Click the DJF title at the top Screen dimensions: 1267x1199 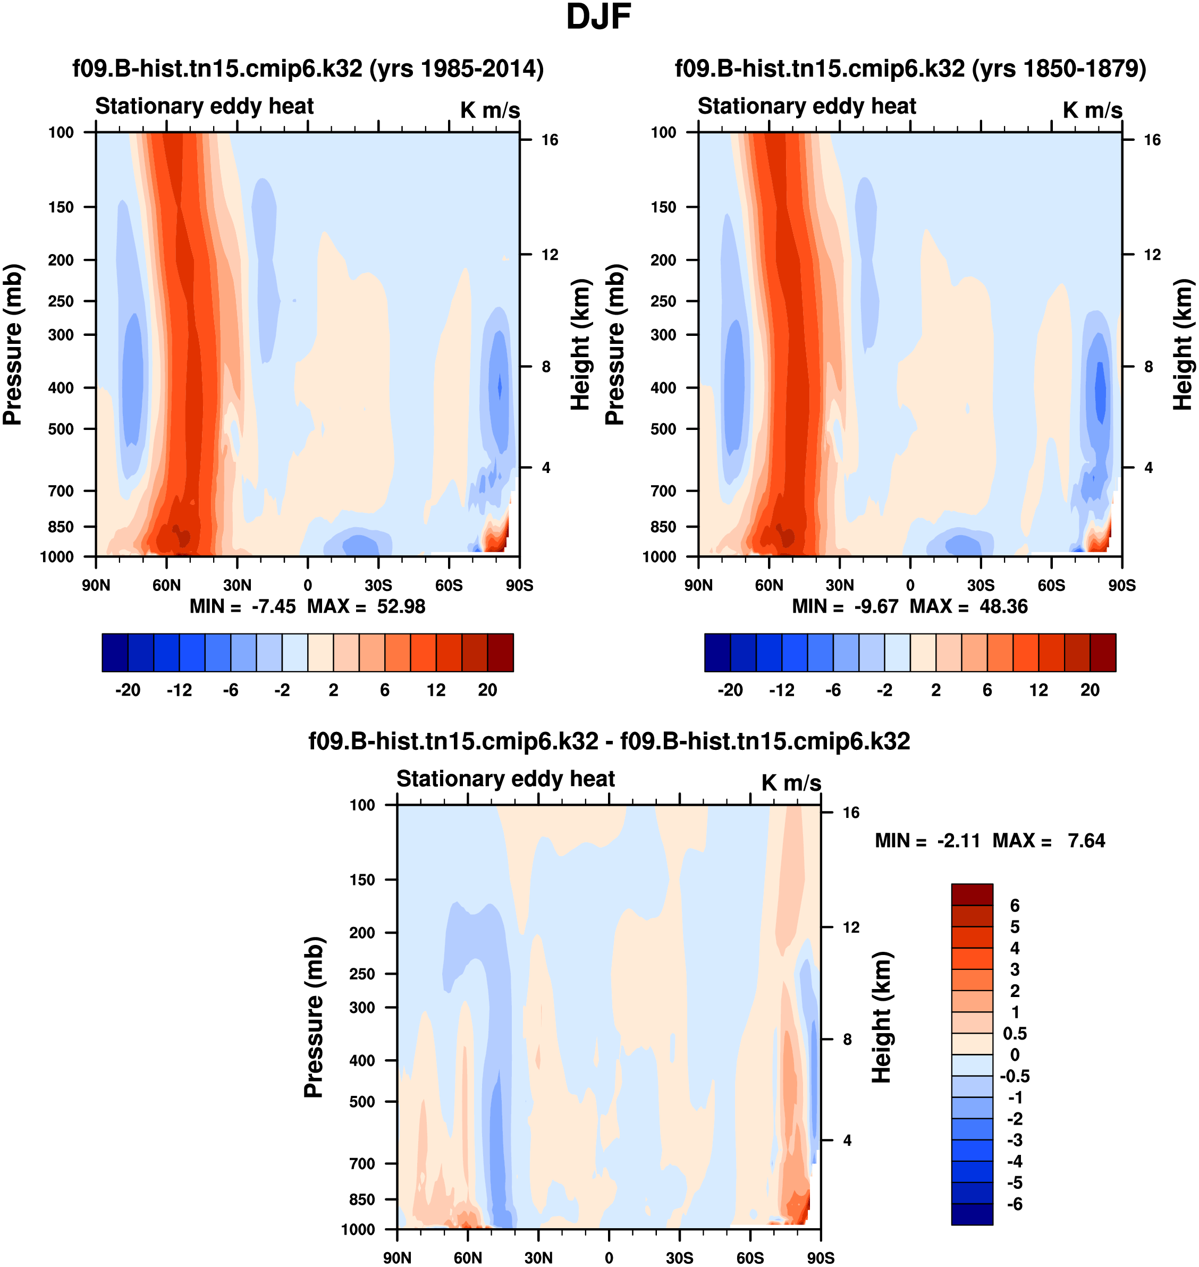click(x=598, y=17)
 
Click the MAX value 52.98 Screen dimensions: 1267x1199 click(x=401, y=606)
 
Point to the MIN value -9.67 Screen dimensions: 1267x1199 click(x=876, y=606)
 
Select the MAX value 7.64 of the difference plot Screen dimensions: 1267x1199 click(x=1086, y=841)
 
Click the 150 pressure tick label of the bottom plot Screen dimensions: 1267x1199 click(x=362, y=880)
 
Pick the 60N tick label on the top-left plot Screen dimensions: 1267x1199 click(x=166, y=585)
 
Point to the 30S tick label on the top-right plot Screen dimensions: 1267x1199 click(x=981, y=585)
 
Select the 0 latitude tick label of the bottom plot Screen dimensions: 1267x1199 click(x=609, y=1257)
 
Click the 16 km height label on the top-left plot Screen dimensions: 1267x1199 click(x=550, y=140)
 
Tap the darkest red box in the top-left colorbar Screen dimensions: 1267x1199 click(x=501, y=653)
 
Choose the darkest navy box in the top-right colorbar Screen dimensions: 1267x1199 click(x=717, y=653)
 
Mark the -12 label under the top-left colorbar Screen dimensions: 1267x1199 click(x=179, y=690)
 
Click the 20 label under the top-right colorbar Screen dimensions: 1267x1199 click(x=1090, y=690)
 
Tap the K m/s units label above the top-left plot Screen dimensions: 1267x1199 click(x=489, y=110)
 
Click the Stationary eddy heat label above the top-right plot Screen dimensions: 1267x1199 click(x=807, y=106)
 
